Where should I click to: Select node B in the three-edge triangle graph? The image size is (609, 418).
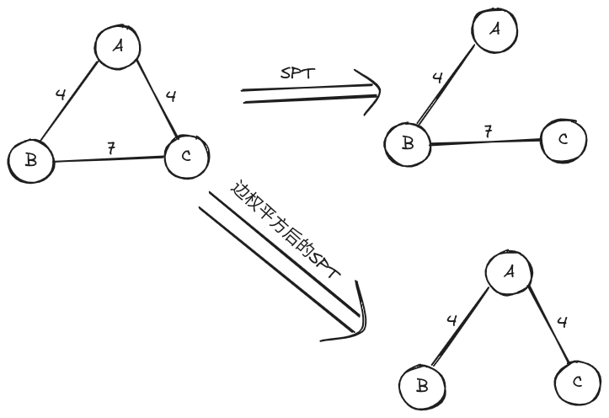tap(31, 159)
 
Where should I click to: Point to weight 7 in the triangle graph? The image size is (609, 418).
tap(110, 148)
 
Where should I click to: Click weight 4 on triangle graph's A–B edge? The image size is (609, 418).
tap(60, 95)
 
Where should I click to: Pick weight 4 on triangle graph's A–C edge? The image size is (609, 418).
tap(171, 96)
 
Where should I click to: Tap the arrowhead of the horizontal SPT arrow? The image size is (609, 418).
tap(371, 90)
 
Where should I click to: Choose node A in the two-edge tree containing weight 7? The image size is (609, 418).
tap(495, 30)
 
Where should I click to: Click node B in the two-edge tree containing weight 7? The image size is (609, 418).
tap(408, 143)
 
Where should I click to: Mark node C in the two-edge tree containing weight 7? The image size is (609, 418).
tap(563, 138)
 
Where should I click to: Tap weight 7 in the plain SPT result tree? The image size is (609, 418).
tap(488, 132)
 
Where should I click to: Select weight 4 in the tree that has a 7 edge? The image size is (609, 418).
tap(437, 79)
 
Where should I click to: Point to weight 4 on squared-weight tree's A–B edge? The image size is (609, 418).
tap(451, 321)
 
